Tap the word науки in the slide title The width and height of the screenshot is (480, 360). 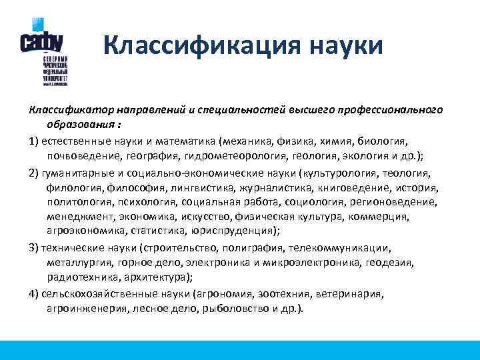click(x=347, y=46)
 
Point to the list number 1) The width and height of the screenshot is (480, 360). click(x=34, y=141)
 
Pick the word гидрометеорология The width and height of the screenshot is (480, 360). click(x=244, y=156)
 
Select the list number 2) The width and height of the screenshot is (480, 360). click(x=34, y=173)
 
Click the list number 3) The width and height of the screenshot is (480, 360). click(x=34, y=248)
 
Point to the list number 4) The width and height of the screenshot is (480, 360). click(x=34, y=294)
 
